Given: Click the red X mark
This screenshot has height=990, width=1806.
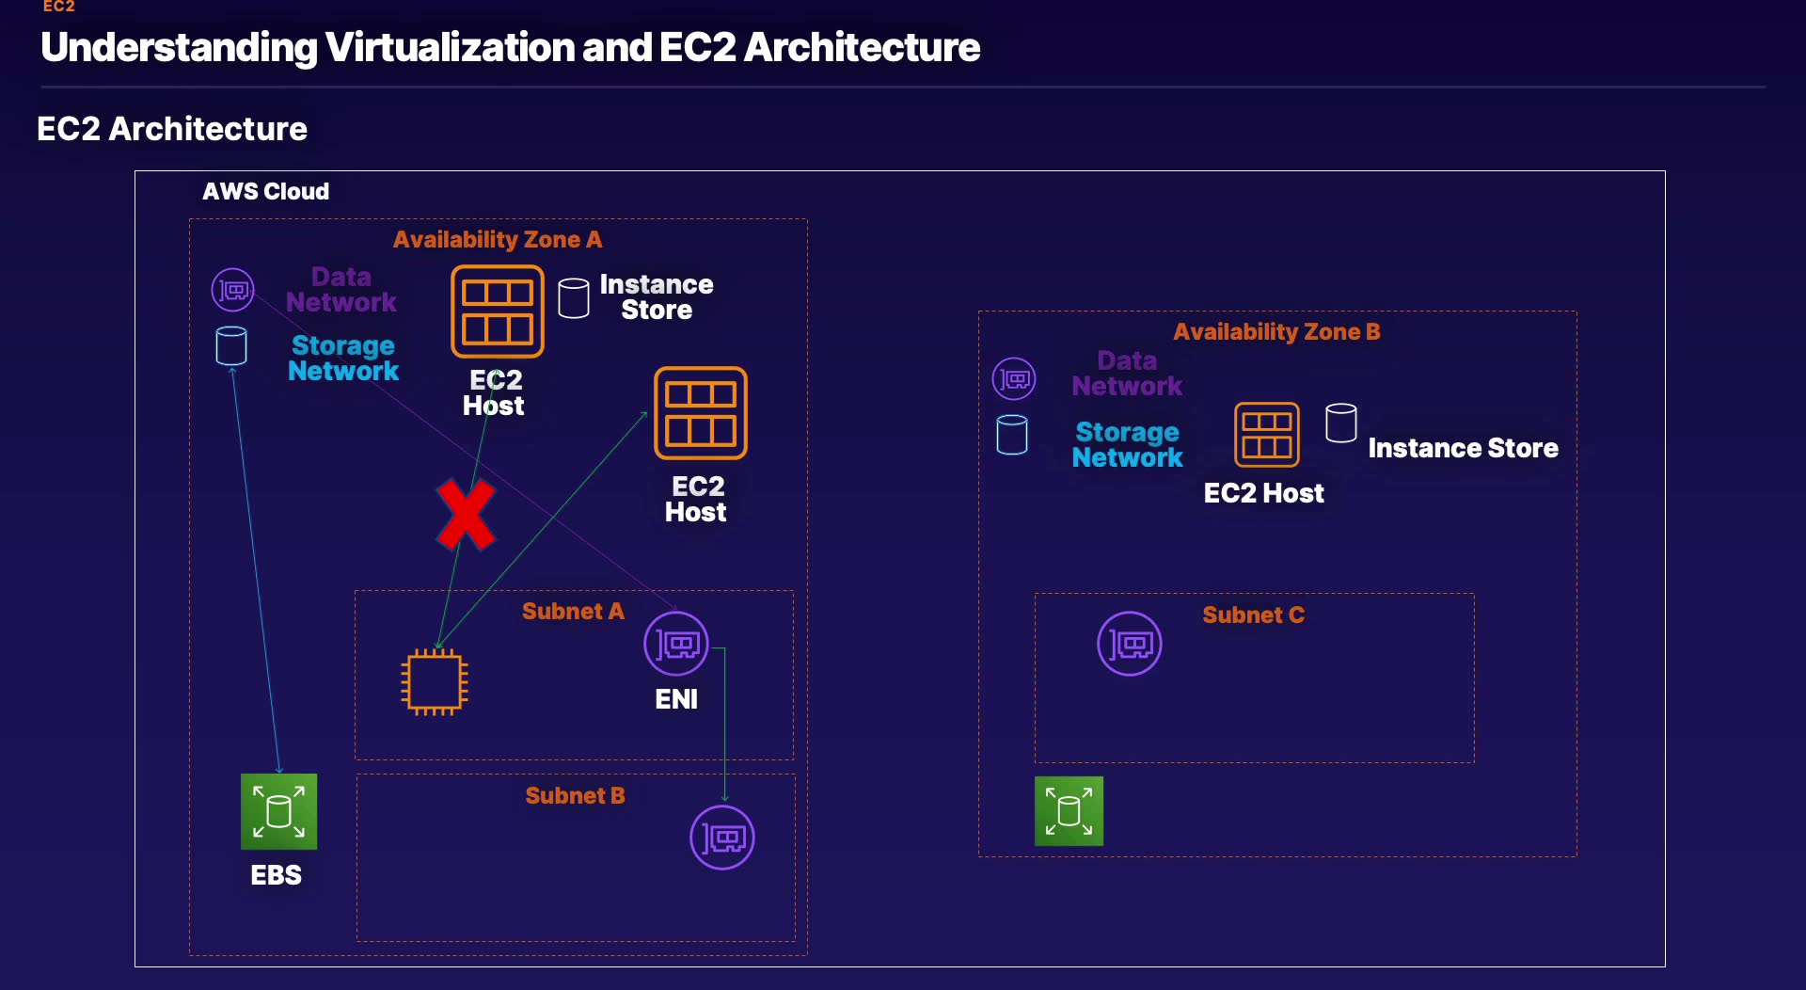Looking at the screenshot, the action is [x=466, y=514].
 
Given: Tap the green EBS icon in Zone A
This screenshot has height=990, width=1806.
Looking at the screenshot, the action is [x=278, y=811].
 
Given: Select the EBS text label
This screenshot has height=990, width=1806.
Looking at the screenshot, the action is [x=277, y=875].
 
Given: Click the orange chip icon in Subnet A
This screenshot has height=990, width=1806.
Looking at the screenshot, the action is [x=435, y=682].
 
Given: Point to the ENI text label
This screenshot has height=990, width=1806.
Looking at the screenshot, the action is [x=676, y=699].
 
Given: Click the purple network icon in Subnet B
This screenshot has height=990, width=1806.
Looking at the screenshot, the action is [x=722, y=838].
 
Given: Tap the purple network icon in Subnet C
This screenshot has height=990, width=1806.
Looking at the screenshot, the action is [x=1130, y=644].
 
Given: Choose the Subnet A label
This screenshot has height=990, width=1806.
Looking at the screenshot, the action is [x=573, y=612].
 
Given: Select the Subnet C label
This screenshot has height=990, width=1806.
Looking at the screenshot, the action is [x=1254, y=615].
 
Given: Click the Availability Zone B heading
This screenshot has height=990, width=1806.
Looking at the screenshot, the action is [x=1276, y=331].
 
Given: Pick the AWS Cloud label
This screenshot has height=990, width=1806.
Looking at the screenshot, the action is [x=266, y=191].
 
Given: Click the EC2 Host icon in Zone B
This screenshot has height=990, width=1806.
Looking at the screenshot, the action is [x=1267, y=435].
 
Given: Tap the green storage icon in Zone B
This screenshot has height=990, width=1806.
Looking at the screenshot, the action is [x=1069, y=811].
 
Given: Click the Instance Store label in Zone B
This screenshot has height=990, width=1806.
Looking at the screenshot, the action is [x=1463, y=448].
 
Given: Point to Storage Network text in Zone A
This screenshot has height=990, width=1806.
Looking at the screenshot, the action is [x=343, y=359].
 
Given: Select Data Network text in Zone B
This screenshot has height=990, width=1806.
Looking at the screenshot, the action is [x=1127, y=374].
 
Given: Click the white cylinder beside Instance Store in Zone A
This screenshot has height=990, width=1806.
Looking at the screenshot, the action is [x=574, y=298].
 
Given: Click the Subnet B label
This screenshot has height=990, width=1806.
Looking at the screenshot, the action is [x=575, y=796].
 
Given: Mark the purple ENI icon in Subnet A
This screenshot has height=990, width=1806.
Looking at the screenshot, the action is [x=676, y=644].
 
